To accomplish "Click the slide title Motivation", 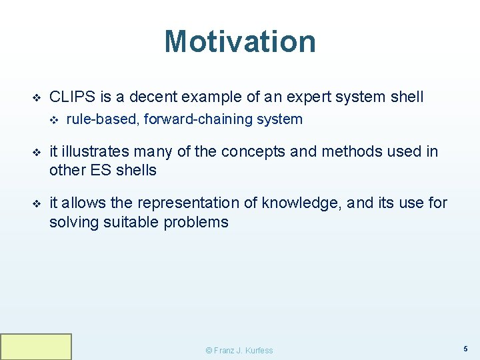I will tap(240, 41).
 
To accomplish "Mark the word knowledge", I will tap(303, 203).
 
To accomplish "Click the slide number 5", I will tap(465, 349).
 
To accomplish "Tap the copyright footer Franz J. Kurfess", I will tap(239, 351).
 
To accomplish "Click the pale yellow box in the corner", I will tap(36, 347).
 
